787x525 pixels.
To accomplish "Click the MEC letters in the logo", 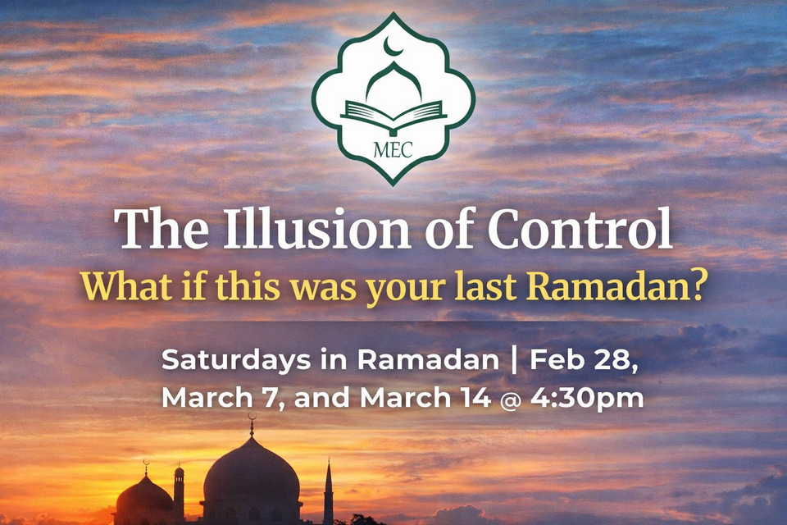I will pyautogui.click(x=393, y=151).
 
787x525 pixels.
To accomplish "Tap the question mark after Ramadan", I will pyautogui.click(x=698, y=289).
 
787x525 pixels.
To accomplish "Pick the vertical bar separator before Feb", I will pyautogui.click(x=514, y=360).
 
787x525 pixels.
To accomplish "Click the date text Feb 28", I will pyautogui.click(x=584, y=360).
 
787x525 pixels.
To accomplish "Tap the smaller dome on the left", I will pyautogui.click(x=144, y=496).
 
